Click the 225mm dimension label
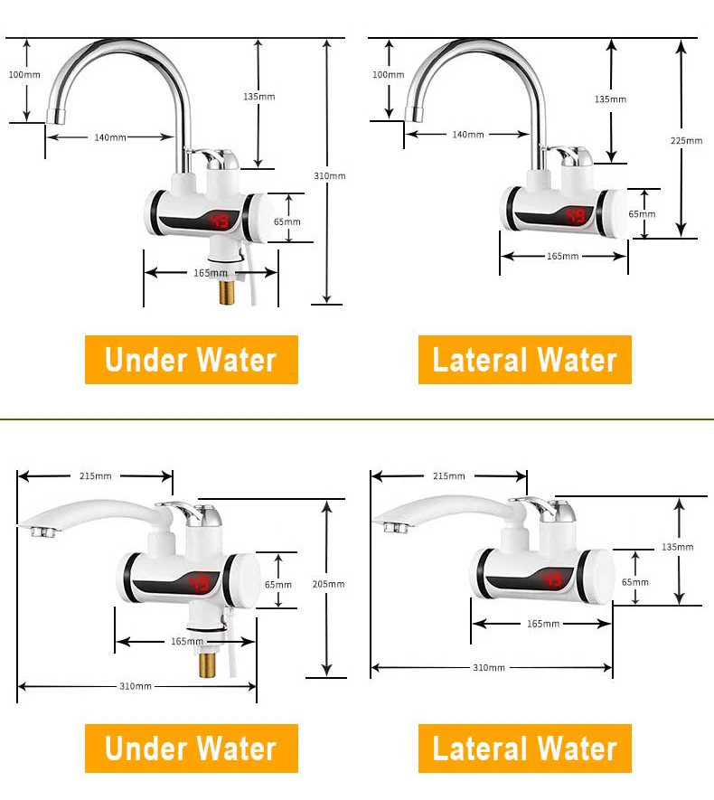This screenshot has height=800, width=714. [x=687, y=140]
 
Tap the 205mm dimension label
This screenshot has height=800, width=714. [x=330, y=585]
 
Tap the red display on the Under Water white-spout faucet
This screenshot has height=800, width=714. [x=200, y=584]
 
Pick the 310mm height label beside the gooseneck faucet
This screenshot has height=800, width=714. [x=330, y=175]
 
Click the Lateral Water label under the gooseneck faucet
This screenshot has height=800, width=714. [x=524, y=360]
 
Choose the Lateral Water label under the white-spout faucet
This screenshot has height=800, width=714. [x=524, y=748]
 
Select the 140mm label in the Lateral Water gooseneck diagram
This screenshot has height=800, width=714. [x=468, y=135]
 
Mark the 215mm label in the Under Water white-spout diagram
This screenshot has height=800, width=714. [x=95, y=475]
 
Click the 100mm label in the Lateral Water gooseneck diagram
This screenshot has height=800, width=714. [x=389, y=74]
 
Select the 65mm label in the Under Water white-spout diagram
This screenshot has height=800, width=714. [x=278, y=584]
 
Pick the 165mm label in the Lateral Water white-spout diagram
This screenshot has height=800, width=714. [x=543, y=624]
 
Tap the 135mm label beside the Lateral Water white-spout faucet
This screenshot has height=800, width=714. [x=678, y=547]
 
